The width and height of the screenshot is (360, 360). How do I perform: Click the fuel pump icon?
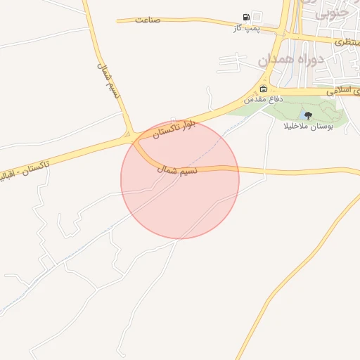tap(245, 17)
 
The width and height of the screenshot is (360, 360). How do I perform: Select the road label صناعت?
tap(148, 20)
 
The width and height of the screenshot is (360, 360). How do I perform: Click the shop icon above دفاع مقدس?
tap(263, 89)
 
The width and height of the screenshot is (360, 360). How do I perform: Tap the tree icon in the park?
tap(308, 115)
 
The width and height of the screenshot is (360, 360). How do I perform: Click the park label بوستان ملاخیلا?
tap(307, 127)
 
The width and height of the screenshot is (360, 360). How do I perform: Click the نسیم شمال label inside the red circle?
tap(177, 169)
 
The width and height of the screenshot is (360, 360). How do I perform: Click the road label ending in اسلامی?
tap(343, 91)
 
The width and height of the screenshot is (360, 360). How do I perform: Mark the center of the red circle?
tap(180, 180)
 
